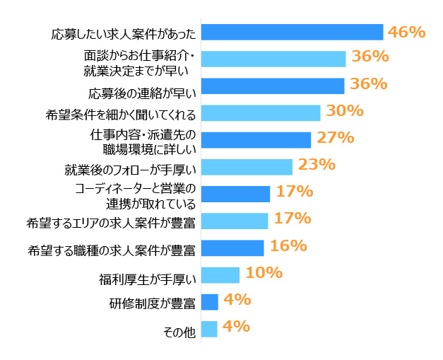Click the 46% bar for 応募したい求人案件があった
pyautogui.click(x=292, y=32)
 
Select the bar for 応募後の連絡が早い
pyautogui.click(x=273, y=86)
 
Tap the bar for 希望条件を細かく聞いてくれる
pyautogui.click(x=261, y=113)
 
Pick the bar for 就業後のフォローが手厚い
pyautogui.click(x=247, y=167)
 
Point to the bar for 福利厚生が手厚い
pyautogui.click(x=220, y=274)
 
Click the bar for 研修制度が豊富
pyautogui.click(x=210, y=302)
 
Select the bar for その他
pyautogui.click(x=209, y=329)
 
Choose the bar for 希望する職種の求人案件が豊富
pyautogui.click(x=232, y=248)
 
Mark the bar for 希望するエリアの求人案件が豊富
pyautogui.click(x=235, y=221)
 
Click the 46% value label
pyautogui.click(x=406, y=31)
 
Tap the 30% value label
pyautogui.click(x=344, y=110)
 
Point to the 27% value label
pyautogui.click(x=335, y=137)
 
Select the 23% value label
pyautogui.click(x=316, y=164)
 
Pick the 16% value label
pyautogui.click(x=288, y=245)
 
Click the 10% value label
pyautogui.click(x=264, y=272)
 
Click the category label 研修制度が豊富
pyautogui.click(x=152, y=304)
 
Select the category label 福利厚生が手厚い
pyautogui.click(x=146, y=277)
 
